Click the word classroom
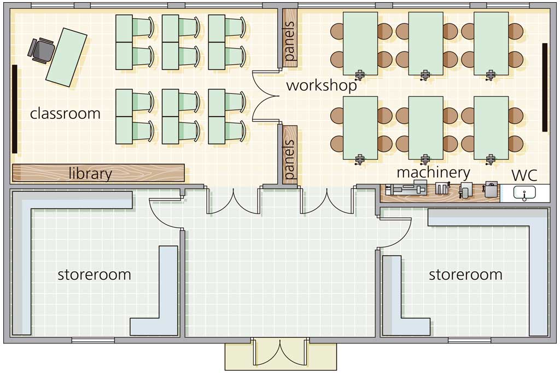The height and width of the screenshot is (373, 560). coord(65,114)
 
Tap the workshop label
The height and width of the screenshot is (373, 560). coord(322,85)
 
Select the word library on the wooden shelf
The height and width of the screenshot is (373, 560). coord(90,173)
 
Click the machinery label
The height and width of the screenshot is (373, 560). coord(433,173)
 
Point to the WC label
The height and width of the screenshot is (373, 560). coord(524,175)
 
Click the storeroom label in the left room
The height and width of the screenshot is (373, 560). coord(94,274)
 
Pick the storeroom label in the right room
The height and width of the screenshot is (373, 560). coord(465,274)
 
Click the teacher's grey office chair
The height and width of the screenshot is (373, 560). coord(41,50)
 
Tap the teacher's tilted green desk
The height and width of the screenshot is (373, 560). coord(66,57)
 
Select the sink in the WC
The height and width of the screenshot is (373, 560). coord(524,193)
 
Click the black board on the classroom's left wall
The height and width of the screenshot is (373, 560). coord(14,108)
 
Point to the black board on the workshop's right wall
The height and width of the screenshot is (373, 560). coord(545,87)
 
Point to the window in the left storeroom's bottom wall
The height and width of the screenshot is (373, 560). coord(93,340)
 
